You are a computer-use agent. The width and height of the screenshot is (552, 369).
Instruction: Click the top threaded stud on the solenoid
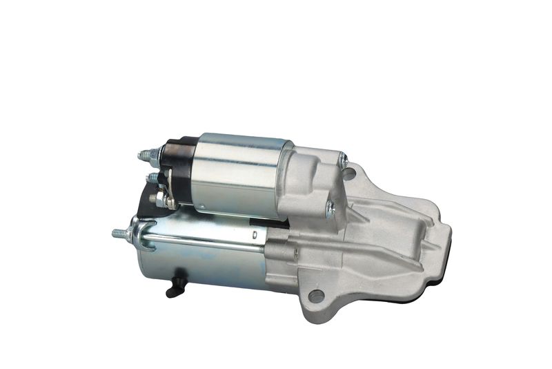(145, 155)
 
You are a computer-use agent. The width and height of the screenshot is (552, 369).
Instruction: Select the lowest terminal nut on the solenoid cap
(159, 200)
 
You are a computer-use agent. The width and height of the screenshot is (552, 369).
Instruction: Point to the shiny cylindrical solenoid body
(238, 173)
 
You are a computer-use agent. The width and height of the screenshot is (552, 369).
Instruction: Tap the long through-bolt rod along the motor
(200, 239)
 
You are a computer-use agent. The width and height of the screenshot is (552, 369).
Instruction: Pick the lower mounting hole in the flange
(316, 296)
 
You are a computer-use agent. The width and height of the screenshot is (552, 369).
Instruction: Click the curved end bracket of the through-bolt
(141, 236)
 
